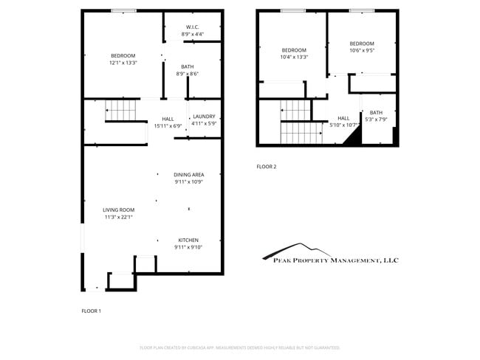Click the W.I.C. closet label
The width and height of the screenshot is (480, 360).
click(x=193, y=27)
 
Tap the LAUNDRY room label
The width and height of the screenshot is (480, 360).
click(x=204, y=117)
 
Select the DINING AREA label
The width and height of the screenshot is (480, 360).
click(x=189, y=174)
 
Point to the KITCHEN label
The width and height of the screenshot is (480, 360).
click(x=188, y=240)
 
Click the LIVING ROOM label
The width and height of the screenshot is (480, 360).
click(x=118, y=210)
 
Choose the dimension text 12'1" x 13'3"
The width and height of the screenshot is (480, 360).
click(x=123, y=63)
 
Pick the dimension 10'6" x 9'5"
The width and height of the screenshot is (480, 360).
click(x=362, y=51)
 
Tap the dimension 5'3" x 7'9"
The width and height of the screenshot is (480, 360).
click(x=377, y=120)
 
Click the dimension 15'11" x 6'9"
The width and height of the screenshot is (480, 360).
click(x=168, y=125)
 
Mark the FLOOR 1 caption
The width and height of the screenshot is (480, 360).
click(x=91, y=311)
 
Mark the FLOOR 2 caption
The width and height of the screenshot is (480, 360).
click(x=267, y=167)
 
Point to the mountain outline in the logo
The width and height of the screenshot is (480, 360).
click(x=295, y=248)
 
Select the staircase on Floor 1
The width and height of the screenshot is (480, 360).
click(x=121, y=111)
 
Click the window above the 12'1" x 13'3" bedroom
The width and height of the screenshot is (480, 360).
click(x=123, y=10)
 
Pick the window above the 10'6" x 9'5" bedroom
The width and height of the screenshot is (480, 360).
click(x=361, y=10)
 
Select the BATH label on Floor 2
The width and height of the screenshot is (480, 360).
click(x=377, y=113)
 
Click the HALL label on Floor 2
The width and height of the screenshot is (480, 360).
click(x=343, y=118)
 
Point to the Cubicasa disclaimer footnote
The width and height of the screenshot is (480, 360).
click(x=239, y=347)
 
